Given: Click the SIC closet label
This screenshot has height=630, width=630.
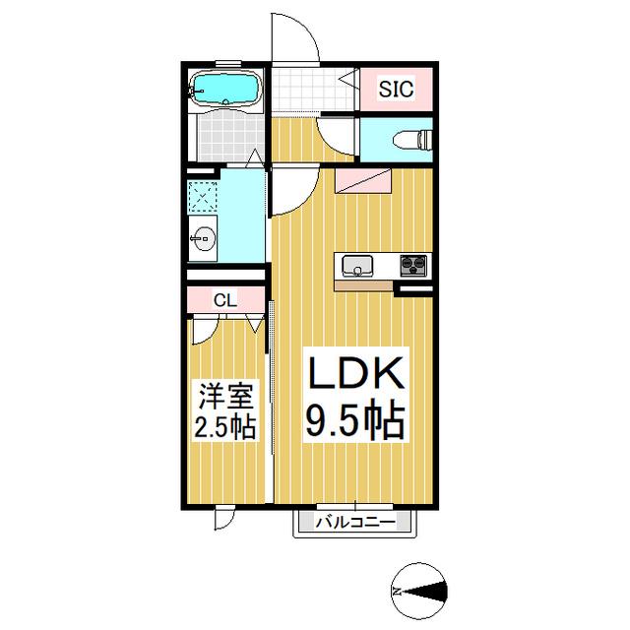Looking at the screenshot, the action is click(396, 90).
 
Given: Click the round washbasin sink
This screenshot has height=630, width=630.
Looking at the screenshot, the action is click(203, 238).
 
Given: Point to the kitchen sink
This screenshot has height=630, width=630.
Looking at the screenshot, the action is click(357, 266).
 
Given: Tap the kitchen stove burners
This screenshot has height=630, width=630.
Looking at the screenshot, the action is click(413, 265).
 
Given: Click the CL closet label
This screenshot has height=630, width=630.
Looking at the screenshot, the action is click(225, 299).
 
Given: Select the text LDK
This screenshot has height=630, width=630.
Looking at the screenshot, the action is click(355, 372).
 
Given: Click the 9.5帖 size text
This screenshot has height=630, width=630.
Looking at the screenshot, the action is click(355, 418).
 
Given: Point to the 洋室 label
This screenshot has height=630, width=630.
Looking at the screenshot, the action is click(226, 397).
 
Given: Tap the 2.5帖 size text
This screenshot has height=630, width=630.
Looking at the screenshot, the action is click(225, 426).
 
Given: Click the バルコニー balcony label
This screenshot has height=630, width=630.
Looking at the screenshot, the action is click(355, 523).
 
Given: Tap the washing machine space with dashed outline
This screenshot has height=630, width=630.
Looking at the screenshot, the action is click(203, 197).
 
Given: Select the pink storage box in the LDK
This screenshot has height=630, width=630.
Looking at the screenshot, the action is click(363, 181).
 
